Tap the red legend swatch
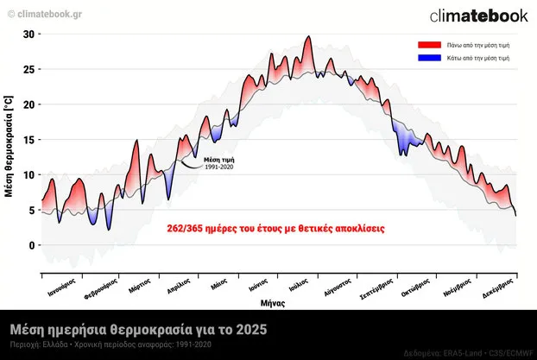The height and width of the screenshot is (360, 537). point(428,44)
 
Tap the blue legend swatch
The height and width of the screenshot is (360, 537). point(428,58)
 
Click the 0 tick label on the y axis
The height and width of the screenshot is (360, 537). point(31,245)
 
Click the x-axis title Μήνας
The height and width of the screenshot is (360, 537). point(274,304)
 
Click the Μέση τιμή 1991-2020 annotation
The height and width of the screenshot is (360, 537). point(218,163)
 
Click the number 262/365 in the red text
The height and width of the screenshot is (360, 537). point(186,229)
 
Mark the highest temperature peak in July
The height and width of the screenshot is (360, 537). point(308,37)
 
